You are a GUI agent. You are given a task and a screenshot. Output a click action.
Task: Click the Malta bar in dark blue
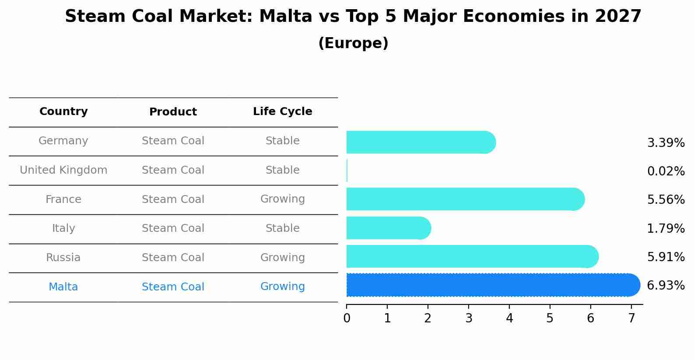pyautogui.click(x=493, y=285)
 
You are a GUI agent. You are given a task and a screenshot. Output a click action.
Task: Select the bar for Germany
pyautogui.click(x=421, y=142)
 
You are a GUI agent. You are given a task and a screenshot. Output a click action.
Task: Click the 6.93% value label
pyautogui.click(x=666, y=286)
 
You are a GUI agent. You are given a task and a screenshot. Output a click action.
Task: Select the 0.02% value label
pyautogui.click(x=666, y=171)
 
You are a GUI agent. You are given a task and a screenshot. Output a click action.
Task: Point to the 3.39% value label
pyautogui.click(x=666, y=143)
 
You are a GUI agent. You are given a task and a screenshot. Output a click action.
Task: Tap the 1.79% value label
pyautogui.click(x=666, y=229)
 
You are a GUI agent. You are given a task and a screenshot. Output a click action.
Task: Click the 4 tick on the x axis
pyautogui.click(x=509, y=318)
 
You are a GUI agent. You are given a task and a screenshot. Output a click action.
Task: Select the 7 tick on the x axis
pyautogui.click(x=631, y=318)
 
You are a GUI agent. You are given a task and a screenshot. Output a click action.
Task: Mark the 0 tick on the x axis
pyautogui.click(x=347, y=318)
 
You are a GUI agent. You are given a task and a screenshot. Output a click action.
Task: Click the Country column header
pyautogui.click(x=63, y=112)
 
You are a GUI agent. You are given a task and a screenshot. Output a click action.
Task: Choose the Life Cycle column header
pyautogui.click(x=282, y=112)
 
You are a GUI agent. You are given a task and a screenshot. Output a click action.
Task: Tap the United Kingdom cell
pyautogui.click(x=63, y=170)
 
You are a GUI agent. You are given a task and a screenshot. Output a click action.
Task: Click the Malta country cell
pyautogui.click(x=63, y=287)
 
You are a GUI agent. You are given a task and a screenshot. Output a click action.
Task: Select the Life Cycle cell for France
pyautogui.click(x=282, y=199)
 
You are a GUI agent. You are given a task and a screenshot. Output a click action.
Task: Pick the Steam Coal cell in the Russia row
pyautogui.click(x=173, y=258)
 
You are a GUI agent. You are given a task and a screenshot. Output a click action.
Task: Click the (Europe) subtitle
pyautogui.click(x=353, y=43)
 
